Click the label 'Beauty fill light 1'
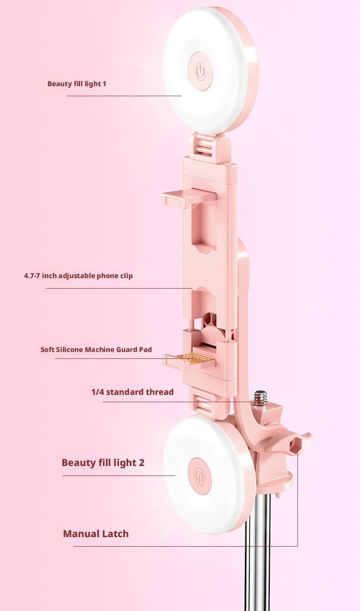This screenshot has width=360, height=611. [77, 84]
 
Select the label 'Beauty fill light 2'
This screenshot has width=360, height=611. [103, 462]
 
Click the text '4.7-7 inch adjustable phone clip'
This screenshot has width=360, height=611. [78, 276]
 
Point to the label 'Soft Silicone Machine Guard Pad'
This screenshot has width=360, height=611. [96, 350]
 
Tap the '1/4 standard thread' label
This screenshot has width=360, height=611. [132, 392]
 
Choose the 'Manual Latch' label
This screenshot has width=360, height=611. [96, 533]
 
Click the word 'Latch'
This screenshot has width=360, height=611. [114, 533]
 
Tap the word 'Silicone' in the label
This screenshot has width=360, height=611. [71, 350]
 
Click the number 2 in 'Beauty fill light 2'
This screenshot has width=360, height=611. [141, 462]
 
